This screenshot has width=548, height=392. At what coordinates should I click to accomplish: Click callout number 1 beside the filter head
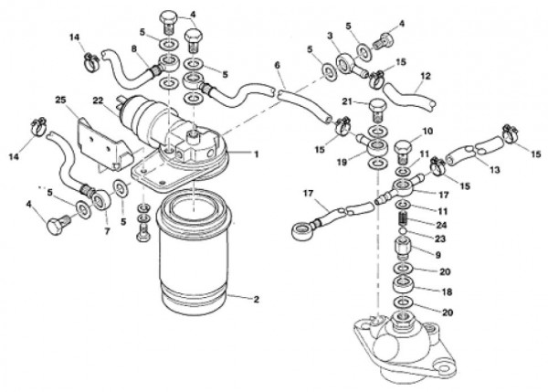coord(257,154)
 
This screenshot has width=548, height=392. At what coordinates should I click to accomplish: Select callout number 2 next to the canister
coord(257,299)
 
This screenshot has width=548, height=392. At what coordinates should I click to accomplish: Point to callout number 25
coord(59,99)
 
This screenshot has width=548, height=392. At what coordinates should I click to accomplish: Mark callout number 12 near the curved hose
coord(425,77)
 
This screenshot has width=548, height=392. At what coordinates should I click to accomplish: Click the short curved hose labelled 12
coord(405,93)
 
